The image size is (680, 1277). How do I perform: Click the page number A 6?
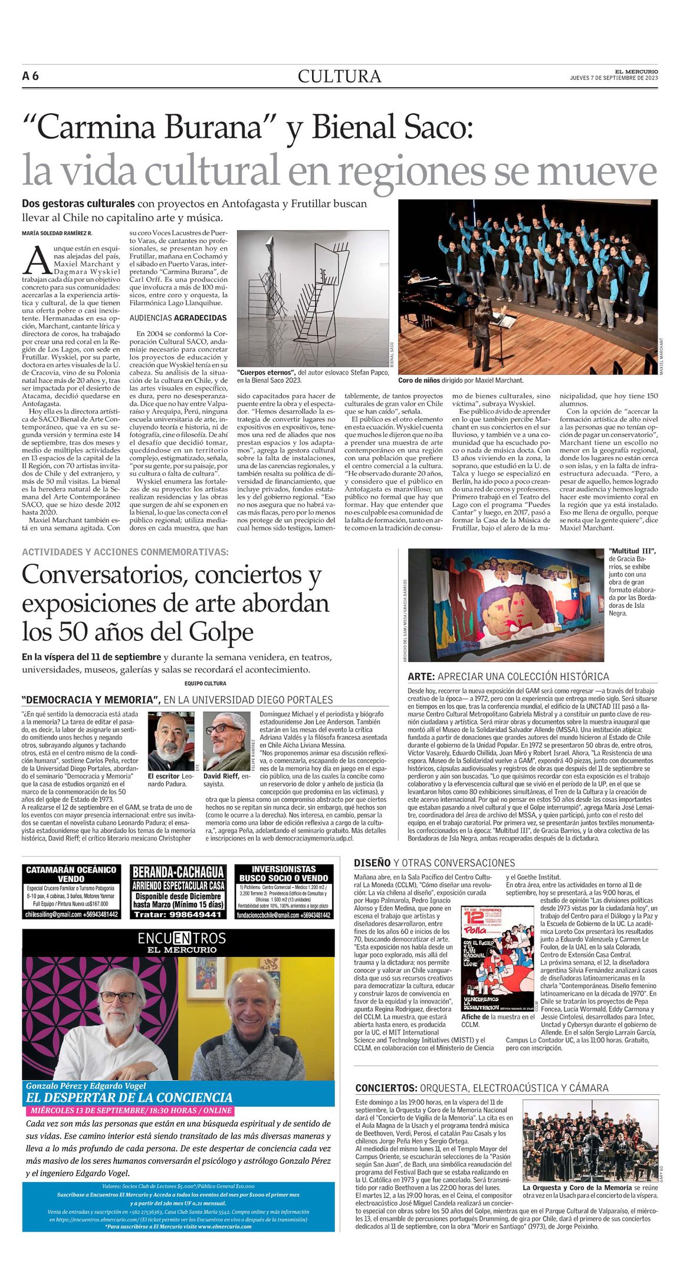[x=31, y=76]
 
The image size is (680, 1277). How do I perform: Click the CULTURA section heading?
[x=339, y=77]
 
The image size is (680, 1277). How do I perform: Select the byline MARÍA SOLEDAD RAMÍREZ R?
[x=57, y=233]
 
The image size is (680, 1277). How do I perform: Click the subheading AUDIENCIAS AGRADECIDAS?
[x=178, y=318]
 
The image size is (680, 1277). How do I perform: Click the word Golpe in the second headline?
[x=221, y=632]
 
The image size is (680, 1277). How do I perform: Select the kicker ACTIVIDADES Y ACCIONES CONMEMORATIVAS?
[x=125, y=552]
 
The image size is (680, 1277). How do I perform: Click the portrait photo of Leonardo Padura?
[x=171, y=741]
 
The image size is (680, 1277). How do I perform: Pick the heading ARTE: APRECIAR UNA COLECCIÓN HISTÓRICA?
[x=508, y=676]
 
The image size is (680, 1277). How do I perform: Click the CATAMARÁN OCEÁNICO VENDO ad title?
[x=71, y=874]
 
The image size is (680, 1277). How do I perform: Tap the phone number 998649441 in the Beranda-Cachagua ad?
[x=178, y=914]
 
